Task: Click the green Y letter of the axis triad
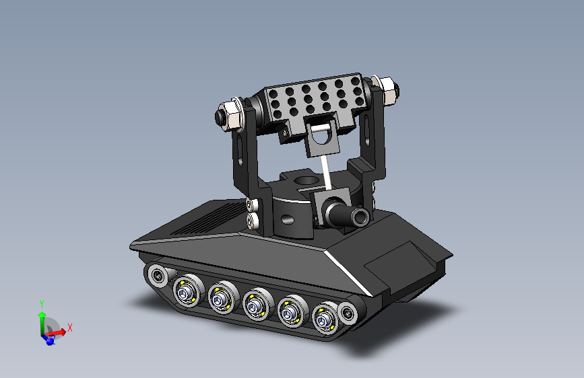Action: click(x=42, y=303)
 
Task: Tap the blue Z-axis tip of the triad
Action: click(x=49, y=341)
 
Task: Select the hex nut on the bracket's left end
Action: click(x=229, y=115)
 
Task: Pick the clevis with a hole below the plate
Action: click(x=324, y=138)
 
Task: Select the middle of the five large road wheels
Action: click(x=255, y=307)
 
